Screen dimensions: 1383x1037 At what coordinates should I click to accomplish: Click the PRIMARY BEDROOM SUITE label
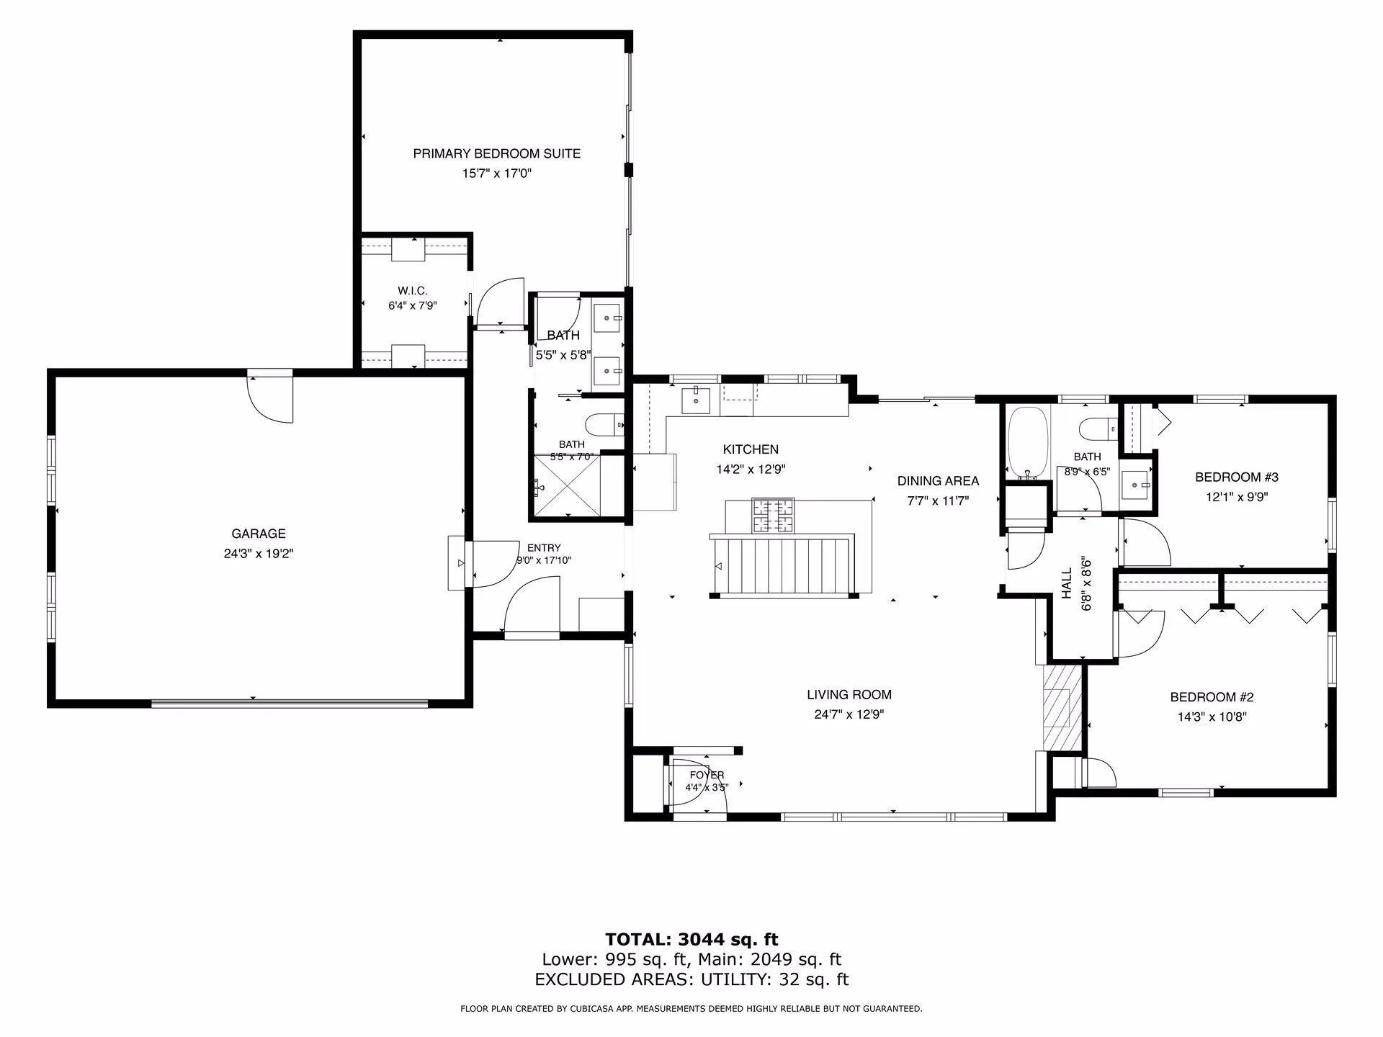(496, 153)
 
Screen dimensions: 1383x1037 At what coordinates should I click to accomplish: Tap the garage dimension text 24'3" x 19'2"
(259, 554)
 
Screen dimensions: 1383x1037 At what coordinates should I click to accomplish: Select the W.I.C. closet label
(413, 291)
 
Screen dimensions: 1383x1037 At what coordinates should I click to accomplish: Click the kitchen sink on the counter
(696, 400)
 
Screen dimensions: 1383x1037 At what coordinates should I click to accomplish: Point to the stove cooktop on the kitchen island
(774, 516)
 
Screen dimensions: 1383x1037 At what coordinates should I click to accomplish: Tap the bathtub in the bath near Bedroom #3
(1028, 444)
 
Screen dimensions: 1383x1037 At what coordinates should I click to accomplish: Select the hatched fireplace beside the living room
(1062, 706)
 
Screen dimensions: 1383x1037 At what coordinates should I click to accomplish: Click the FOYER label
(707, 775)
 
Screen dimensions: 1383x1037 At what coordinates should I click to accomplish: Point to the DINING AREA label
(938, 481)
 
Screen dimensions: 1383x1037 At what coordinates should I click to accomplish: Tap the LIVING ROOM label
(849, 695)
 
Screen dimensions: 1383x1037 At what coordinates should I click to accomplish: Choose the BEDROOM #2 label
(1212, 697)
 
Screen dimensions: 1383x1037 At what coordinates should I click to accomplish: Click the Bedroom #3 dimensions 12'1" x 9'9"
(1237, 497)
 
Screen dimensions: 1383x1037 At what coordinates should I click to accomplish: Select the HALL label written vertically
(1067, 583)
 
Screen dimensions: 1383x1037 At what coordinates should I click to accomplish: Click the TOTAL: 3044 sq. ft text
(691, 939)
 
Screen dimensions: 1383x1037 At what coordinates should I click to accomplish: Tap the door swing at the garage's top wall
(270, 400)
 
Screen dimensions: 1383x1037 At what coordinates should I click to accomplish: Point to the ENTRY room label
(544, 548)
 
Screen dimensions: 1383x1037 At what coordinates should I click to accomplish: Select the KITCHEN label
(751, 449)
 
